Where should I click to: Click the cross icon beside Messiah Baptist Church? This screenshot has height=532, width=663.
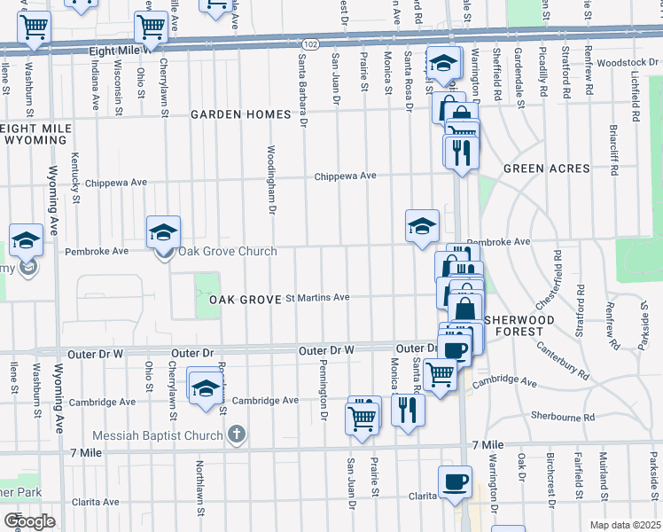[235, 434]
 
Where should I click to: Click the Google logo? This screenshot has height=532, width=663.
[30, 520]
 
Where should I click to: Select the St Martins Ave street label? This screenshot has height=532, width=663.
[316, 298]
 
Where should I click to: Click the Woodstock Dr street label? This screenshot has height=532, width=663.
[626, 63]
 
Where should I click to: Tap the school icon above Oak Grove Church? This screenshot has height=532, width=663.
[164, 232]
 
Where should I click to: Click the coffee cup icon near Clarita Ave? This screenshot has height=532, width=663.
[455, 481]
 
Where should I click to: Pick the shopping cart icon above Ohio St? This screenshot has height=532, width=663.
[151, 27]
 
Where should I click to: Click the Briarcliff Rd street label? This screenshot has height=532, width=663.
[613, 136]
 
